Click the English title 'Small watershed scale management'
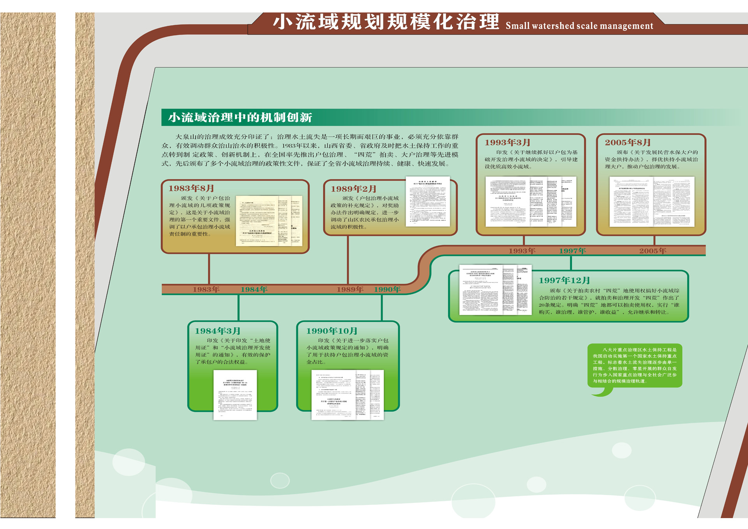[x=579, y=26]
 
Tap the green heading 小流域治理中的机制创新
[x=240, y=117]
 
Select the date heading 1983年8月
[x=191, y=189]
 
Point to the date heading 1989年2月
[x=353, y=189]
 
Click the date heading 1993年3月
[x=507, y=143]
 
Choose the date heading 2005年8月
[x=628, y=143]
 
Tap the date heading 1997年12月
[x=564, y=280]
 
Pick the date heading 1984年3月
[x=217, y=331]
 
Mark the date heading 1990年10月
[x=332, y=331]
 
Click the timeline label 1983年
[x=206, y=289]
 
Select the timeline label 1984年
[x=254, y=289]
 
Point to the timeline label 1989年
[x=350, y=289]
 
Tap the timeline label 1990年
[x=387, y=289]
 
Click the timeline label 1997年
[x=572, y=251]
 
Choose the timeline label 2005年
[x=653, y=251]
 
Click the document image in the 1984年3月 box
[x=235, y=395]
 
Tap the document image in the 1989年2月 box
[x=427, y=201]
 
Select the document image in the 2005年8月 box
[x=652, y=201]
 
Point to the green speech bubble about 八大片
[x=635, y=365]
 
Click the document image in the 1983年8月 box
[x=269, y=221]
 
